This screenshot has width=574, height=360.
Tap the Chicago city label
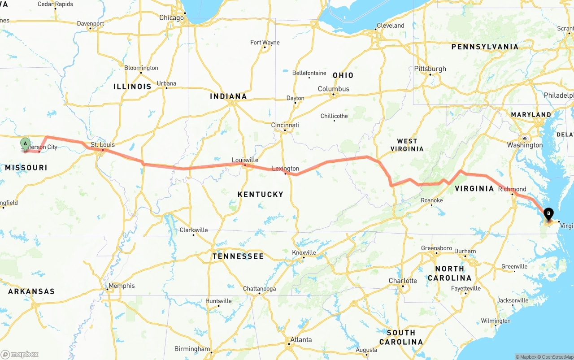click(x=171, y=17)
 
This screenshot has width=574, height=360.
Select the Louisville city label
click(x=245, y=160)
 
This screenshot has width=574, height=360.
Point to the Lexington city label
click(x=285, y=169)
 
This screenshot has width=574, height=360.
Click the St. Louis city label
click(x=103, y=145)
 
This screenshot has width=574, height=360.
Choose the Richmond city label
click(x=512, y=189)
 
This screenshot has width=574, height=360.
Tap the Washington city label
click(x=525, y=145)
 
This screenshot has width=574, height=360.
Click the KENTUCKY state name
click(x=261, y=194)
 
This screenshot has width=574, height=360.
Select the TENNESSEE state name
click(x=238, y=256)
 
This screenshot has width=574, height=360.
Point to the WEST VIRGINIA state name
click(x=407, y=145)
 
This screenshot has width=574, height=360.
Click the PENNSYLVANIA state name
click(x=485, y=47)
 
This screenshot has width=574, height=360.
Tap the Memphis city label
click(x=122, y=286)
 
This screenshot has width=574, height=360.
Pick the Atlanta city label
click(x=301, y=339)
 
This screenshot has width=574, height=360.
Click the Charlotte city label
click(x=403, y=281)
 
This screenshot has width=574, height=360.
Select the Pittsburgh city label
click(x=430, y=69)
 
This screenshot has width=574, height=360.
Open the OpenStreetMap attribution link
click(x=557, y=357)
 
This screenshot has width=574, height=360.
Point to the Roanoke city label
click(x=431, y=200)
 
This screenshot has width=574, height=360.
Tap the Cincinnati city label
click(x=285, y=125)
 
